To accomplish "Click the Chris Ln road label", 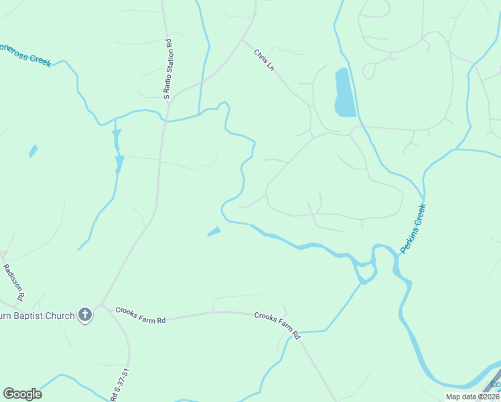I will tap(264, 60).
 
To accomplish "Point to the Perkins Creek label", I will tap(413, 228).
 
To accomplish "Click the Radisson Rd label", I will tap(14, 281).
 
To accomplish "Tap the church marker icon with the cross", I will tap(85, 314).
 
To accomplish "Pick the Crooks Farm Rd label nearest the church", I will tap(140, 316).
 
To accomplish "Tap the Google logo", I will tap(22, 394).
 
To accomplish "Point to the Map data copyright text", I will tap(472, 397).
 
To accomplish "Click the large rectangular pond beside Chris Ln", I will tap(343, 92).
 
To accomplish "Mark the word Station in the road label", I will tap(169, 56).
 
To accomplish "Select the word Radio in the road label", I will tap(169, 81).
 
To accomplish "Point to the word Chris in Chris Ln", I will tap(261, 56).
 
